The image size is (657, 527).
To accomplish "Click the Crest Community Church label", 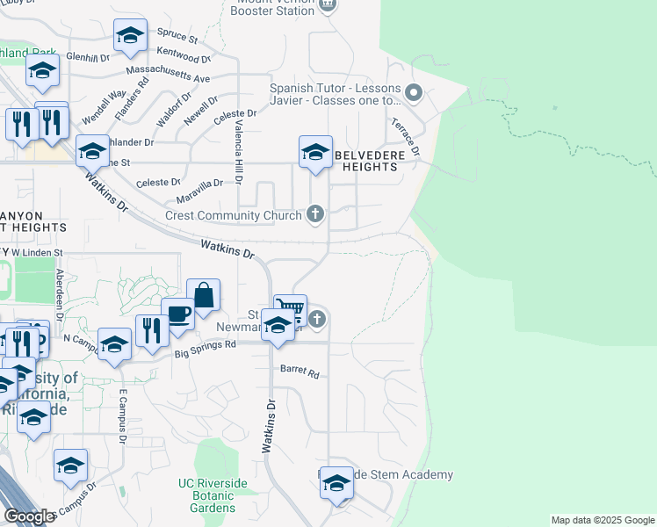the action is (234, 215).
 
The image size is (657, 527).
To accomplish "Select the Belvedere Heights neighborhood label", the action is (379, 160).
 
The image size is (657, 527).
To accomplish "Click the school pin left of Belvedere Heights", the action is (315, 154).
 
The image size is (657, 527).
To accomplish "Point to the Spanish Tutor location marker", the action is (416, 92).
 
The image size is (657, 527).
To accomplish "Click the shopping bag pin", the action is (203, 297).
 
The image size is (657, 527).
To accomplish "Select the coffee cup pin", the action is (177, 314).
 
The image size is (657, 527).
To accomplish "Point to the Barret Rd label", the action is (299, 372).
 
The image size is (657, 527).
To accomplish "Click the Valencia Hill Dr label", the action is (237, 145).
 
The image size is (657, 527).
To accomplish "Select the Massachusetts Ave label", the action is (168, 73).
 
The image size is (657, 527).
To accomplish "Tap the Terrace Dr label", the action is (406, 137).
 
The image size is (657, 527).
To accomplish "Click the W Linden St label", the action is (37, 253).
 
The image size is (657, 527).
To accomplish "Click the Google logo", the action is (28, 516).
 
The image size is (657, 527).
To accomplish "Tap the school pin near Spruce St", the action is (130, 37).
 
